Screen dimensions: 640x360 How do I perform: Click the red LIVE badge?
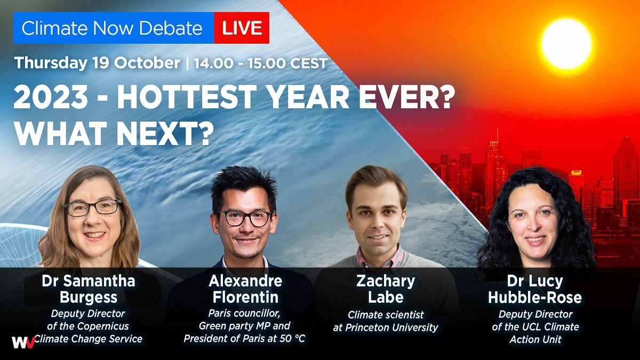(x=242, y=28)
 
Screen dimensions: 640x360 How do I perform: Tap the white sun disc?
(x=566, y=44)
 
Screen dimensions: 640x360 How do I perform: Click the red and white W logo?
(x=23, y=342)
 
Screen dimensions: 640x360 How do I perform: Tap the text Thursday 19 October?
(x=97, y=63)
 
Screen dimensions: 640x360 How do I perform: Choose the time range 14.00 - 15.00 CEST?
(x=261, y=63)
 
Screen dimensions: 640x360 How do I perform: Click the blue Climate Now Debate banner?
(x=114, y=28)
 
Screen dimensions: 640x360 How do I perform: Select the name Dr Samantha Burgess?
(x=89, y=289)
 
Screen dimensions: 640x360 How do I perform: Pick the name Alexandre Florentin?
(x=245, y=289)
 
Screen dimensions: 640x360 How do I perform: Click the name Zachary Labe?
(x=386, y=289)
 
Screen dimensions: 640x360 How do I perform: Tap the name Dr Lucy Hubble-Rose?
(x=535, y=289)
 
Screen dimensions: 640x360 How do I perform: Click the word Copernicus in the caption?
(x=103, y=326)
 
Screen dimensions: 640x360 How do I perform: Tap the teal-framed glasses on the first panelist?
(x=93, y=207)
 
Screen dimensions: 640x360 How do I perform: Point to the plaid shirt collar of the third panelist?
(x=380, y=259)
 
